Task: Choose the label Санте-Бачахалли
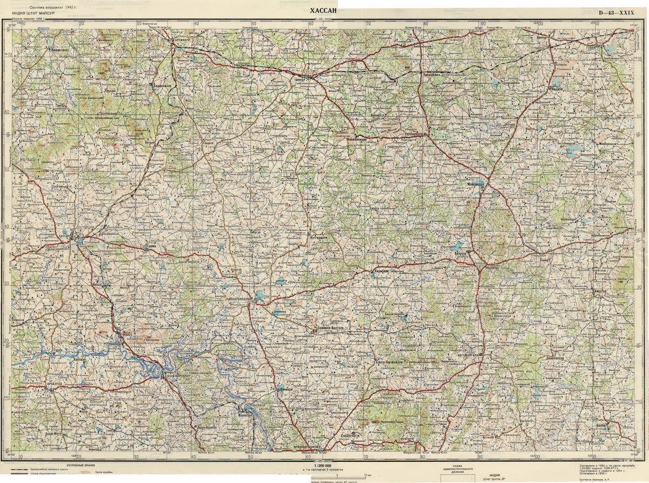[x=389, y=361]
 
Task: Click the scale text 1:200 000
[x=323, y=465]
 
